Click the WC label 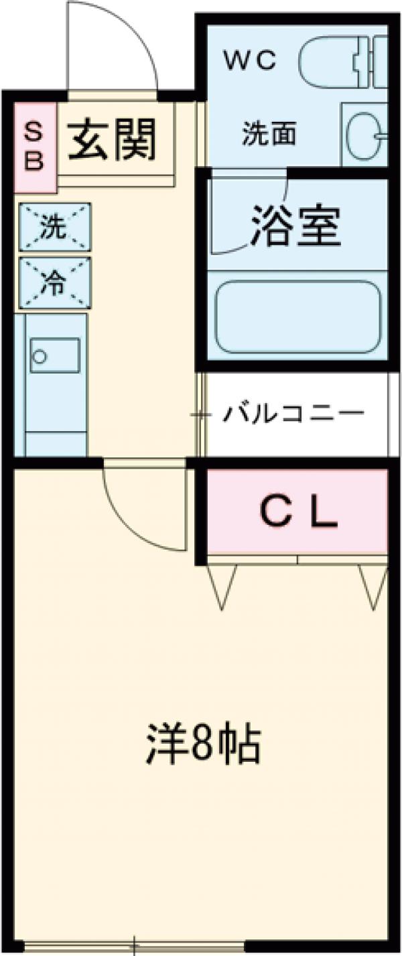coord(249,62)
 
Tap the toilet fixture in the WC coord(342,64)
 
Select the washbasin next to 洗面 coord(365,134)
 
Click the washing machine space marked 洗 coord(54,227)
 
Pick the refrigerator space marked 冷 coord(54,283)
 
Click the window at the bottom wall coord(134,947)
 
